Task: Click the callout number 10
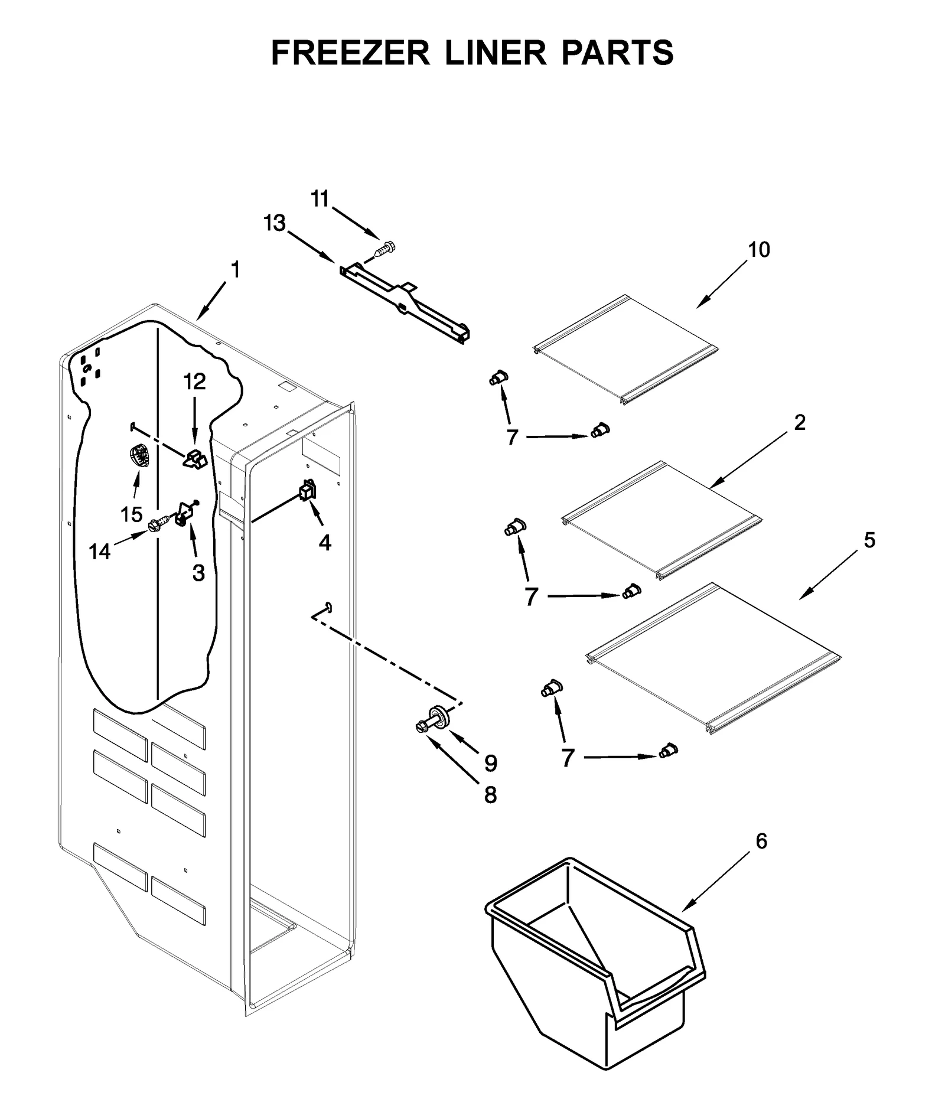[759, 250]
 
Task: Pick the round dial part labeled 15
[139, 456]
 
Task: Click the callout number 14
[99, 552]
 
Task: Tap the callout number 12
[194, 381]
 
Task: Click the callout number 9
[490, 764]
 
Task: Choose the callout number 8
[490, 795]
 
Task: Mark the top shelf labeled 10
[626, 348]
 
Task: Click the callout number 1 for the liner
[235, 270]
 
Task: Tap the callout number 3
[198, 572]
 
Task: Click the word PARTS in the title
[617, 53]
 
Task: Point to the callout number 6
[761, 841]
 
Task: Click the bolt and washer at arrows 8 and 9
[434, 720]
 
